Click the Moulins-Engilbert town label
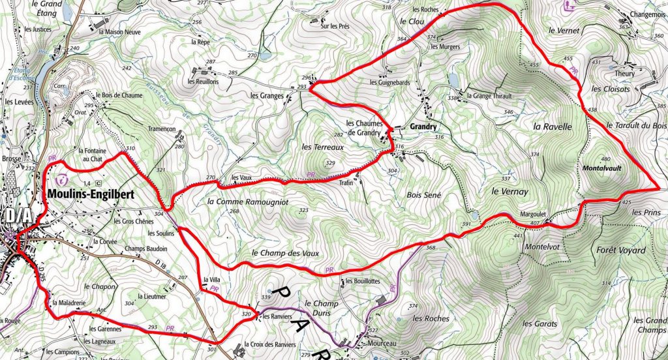pos(91,194)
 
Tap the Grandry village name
pos(423,127)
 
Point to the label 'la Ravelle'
pos(553,127)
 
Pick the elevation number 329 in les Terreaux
pos(330,163)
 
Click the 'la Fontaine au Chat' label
pos(91,155)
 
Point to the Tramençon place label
pos(162,129)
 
